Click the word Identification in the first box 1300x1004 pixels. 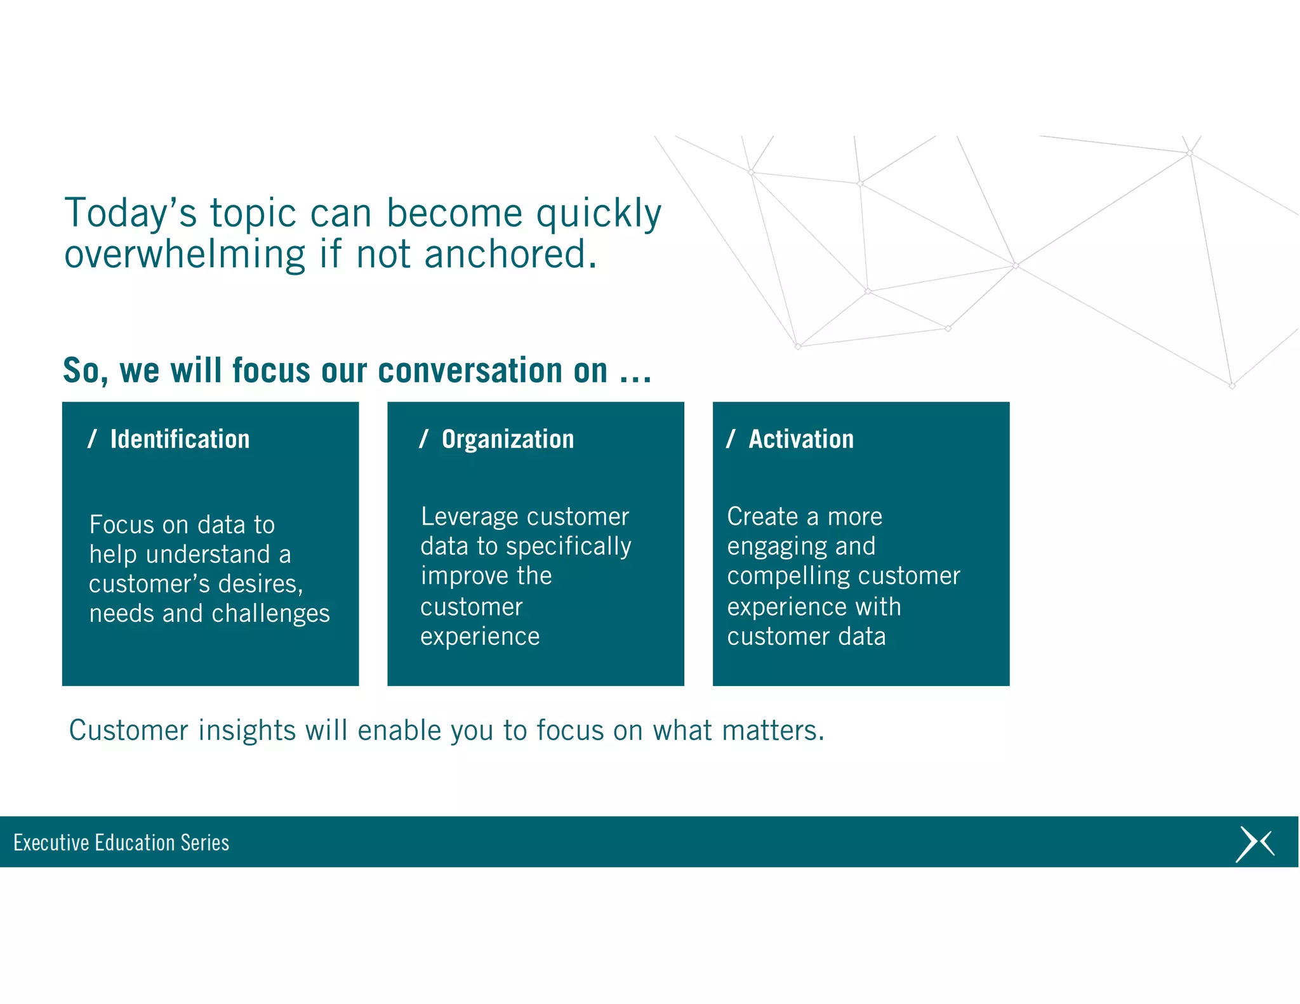tap(180, 439)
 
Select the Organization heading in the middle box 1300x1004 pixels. tap(507, 439)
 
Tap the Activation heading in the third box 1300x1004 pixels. tap(800, 439)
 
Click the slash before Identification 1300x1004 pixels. tap(93, 439)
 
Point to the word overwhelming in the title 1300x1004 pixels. tap(185, 255)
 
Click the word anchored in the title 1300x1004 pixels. tap(510, 254)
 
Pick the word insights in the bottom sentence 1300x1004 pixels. tap(247, 730)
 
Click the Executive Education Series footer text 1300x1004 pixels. tap(121, 843)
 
